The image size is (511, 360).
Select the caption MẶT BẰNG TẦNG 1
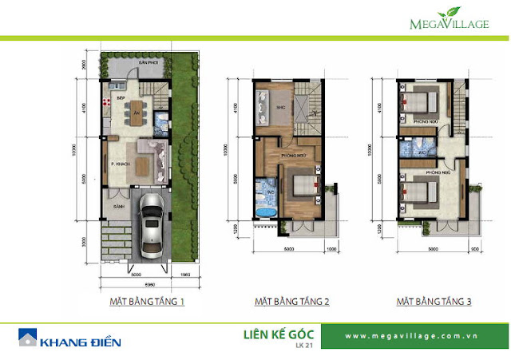tap(147, 303)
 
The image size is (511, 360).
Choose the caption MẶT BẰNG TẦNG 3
tap(434, 303)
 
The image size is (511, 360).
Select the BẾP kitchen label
tap(121, 97)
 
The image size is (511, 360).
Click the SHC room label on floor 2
tap(281, 106)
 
